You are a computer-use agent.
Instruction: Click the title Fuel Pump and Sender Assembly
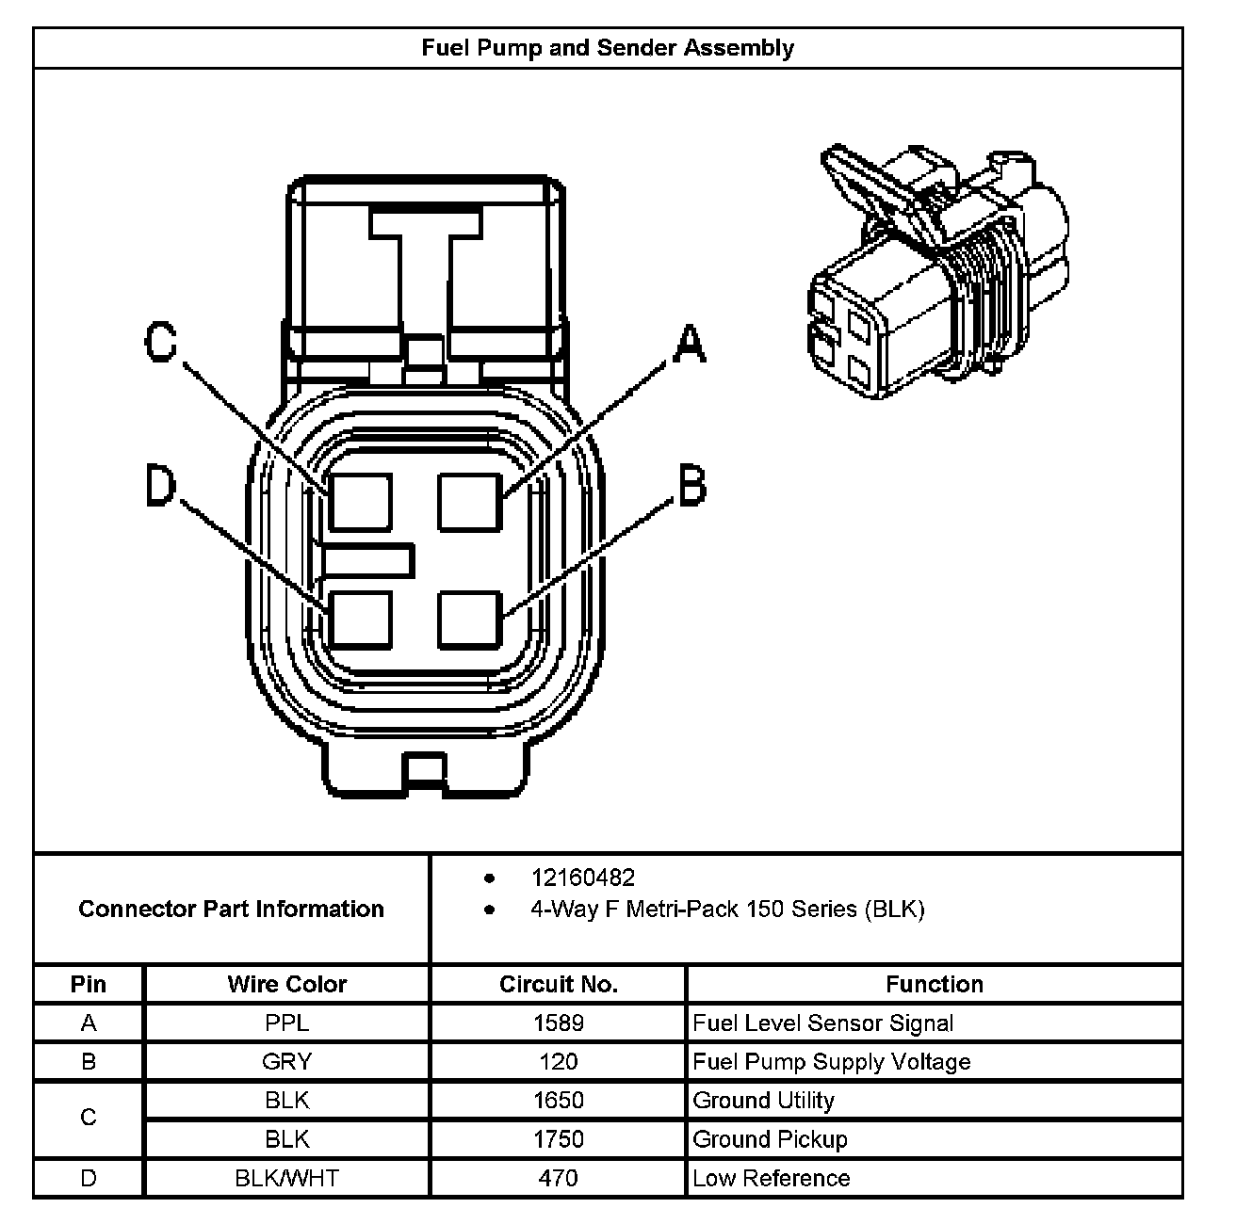click(x=608, y=48)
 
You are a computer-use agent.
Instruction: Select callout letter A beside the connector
click(x=690, y=345)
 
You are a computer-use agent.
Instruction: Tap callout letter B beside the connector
click(x=691, y=486)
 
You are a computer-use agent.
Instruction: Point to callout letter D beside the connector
click(x=161, y=488)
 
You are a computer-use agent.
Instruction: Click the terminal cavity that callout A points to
click(x=469, y=502)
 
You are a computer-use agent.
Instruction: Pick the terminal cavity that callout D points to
click(x=361, y=620)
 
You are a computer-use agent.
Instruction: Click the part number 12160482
click(x=583, y=878)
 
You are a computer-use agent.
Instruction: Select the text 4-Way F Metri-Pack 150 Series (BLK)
click(x=727, y=909)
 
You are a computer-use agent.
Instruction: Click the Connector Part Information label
click(x=231, y=909)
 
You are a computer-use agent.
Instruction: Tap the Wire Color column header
click(x=286, y=984)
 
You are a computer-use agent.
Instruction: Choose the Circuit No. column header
click(x=558, y=984)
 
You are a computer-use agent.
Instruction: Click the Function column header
click(x=934, y=984)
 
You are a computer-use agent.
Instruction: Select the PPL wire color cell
click(x=286, y=1023)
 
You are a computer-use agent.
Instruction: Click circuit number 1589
click(x=558, y=1023)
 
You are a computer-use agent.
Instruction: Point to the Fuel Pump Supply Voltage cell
click(x=831, y=1062)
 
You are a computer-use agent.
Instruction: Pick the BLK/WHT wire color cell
click(x=286, y=1178)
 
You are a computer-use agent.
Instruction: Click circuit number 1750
click(x=558, y=1139)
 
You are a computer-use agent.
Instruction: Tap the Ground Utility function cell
click(x=763, y=1101)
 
